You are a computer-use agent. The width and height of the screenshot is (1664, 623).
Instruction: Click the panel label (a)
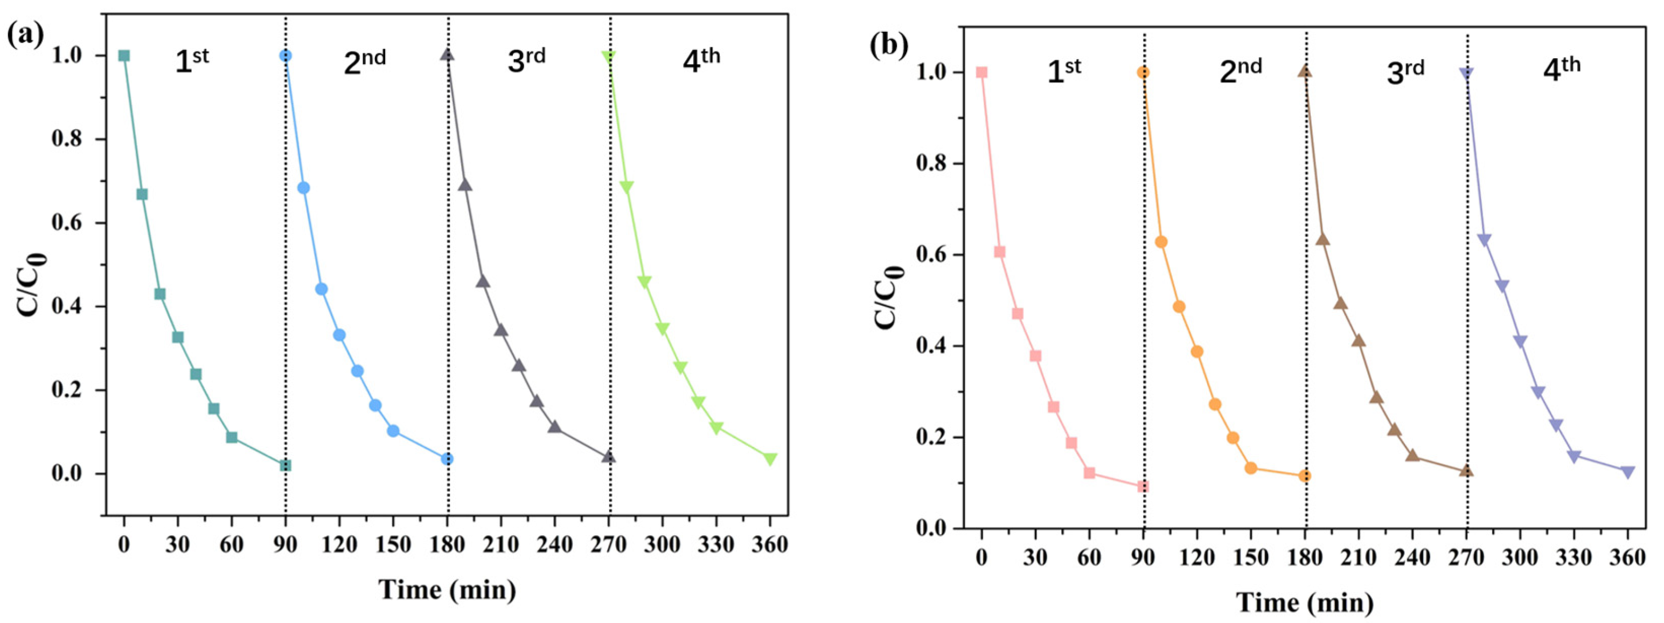coord(25,33)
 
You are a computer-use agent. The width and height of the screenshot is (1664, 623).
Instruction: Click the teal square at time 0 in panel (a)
coord(124,55)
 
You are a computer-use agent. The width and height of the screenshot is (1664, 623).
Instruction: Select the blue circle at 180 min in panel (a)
coord(447,459)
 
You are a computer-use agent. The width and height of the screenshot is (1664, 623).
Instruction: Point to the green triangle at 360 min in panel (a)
coord(770,459)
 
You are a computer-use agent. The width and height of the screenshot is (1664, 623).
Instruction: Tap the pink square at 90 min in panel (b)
coord(1143,486)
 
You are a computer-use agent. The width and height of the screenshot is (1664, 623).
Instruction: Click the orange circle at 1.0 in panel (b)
coord(1143,72)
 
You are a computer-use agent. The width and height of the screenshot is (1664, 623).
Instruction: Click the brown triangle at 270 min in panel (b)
coord(1466,471)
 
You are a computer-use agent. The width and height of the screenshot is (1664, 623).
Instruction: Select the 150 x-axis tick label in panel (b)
coord(1251,557)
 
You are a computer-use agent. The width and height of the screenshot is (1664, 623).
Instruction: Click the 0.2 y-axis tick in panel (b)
coord(931,437)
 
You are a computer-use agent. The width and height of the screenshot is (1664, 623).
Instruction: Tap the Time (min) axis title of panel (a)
coord(447,590)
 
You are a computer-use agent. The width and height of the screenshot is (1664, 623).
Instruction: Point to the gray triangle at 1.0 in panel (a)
coord(447,55)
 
